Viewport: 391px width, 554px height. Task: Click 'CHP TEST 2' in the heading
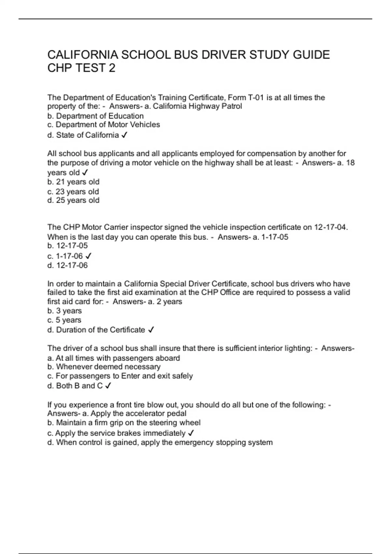click(81, 68)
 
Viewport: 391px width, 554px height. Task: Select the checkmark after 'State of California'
click(124, 135)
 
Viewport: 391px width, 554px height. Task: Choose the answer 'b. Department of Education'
click(95, 116)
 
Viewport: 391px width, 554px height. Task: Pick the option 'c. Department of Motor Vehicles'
click(104, 125)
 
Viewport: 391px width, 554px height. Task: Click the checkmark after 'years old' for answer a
click(85, 173)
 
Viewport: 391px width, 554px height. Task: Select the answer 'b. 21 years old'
click(73, 182)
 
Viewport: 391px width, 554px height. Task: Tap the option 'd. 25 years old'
click(73, 200)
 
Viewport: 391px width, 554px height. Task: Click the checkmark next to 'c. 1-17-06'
click(88, 256)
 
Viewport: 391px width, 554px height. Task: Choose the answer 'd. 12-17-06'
click(67, 266)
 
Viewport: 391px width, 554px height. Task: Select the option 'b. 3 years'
click(65, 311)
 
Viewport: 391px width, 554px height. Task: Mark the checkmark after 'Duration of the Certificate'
click(151, 330)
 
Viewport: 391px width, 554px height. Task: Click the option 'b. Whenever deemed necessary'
click(104, 367)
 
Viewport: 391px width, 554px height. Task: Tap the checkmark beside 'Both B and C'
click(108, 386)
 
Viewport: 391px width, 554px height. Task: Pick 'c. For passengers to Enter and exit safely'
click(120, 376)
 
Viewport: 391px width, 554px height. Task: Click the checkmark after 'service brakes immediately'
click(191, 433)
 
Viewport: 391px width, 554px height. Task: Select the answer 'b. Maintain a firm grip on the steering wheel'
click(124, 423)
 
